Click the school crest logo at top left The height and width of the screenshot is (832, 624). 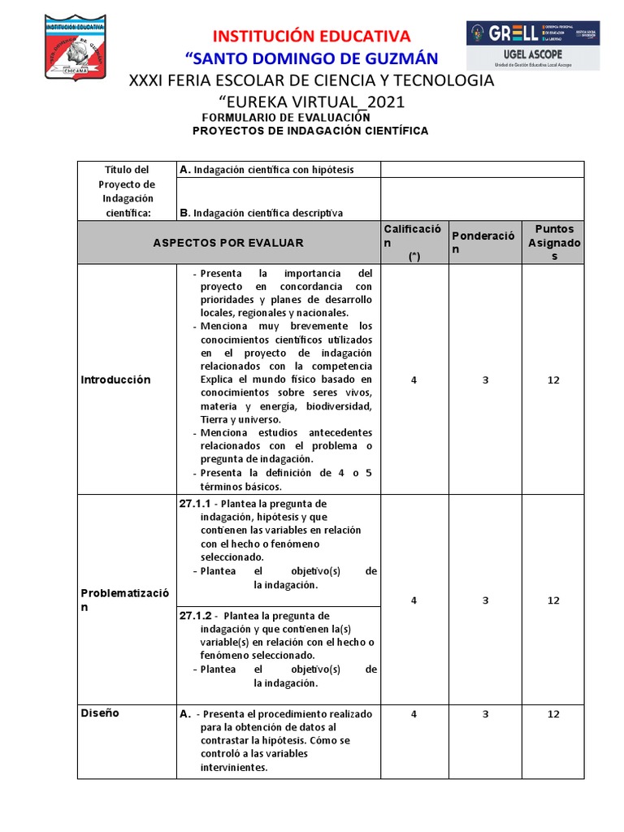coord(75,47)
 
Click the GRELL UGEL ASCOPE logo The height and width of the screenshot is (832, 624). coord(532,45)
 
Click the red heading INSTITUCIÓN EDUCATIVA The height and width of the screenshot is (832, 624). coord(312,36)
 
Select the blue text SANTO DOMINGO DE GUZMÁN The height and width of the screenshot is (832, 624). coord(312,58)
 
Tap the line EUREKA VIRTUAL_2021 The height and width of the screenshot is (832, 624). coord(312,102)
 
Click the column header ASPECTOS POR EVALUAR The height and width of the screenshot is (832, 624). coord(228,242)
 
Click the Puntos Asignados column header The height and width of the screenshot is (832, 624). coord(554,242)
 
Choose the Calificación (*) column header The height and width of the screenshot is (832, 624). coord(414,242)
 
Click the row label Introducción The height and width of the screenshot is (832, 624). coord(115,379)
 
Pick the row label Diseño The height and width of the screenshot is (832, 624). coord(100,713)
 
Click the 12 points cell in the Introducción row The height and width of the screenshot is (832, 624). coord(553,379)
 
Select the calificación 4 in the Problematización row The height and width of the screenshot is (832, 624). coord(414,600)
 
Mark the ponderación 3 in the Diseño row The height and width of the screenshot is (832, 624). coord(485,714)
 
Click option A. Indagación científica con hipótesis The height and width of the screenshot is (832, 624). coord(266,170)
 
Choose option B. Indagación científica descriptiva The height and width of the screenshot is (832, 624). coord(261,213)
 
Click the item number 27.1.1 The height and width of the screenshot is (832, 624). coord(196,503)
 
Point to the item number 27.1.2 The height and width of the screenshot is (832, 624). coord(196,615)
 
